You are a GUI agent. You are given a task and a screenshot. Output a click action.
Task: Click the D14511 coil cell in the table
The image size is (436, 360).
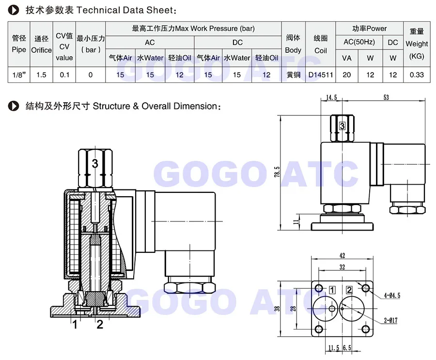click(x=321, y=75)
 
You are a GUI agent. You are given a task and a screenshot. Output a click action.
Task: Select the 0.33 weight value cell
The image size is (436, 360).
click(x=417, y=75)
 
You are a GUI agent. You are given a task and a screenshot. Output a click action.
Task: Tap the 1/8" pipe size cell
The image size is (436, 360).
click(x=18, y=75)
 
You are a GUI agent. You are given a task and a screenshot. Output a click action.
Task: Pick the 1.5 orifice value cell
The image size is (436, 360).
click(x=41, y=75)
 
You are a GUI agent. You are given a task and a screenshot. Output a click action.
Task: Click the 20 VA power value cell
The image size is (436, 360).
click(x=347, y=75)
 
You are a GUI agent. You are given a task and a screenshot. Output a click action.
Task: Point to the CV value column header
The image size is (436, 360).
click(x=64, y=47)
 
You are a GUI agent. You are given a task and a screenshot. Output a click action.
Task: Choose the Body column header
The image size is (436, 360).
click(x=293, y=44)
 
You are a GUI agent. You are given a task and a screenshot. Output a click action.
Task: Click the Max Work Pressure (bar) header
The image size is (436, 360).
click(x=193, y=29)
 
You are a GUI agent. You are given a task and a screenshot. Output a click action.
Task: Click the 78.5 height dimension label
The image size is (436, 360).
click(x=277, y=172)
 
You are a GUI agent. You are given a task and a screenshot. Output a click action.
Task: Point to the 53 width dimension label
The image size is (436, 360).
click(x=386, y=97)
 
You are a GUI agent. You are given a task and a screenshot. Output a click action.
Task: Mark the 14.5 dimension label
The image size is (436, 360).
click(x=331, y=97)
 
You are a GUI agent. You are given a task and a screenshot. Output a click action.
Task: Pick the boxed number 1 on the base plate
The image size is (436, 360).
click(x=332, y=290)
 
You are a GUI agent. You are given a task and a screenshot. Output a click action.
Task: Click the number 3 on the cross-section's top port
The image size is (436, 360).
click(x=95, y=164)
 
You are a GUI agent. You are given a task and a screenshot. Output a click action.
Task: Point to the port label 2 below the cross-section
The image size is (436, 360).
click(x=100, y=325)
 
